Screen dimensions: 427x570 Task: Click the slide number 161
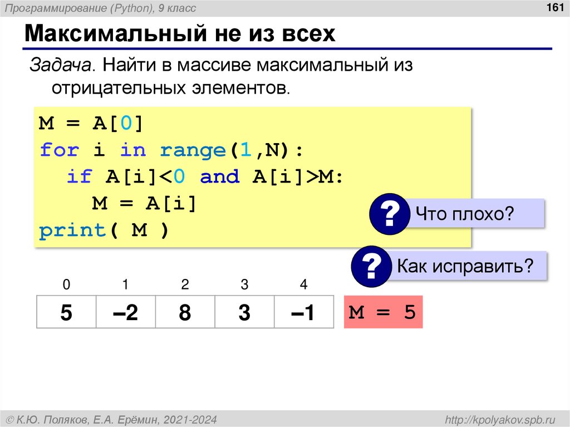(554, 8)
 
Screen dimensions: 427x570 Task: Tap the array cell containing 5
(66, 312)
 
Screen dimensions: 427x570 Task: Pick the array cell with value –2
(125, 312)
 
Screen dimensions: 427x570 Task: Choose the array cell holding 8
(185, 312)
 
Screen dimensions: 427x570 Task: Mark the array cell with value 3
(244, 312)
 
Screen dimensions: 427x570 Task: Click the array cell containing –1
(303, 312)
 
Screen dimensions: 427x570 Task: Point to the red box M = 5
(383, 312)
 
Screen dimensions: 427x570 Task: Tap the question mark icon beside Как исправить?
(371, 267)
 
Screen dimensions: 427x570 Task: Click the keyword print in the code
(72, 230)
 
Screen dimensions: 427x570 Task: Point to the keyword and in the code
(219, 177)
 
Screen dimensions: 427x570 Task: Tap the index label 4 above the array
(303, 285)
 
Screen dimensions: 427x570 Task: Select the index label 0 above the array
(66, 285)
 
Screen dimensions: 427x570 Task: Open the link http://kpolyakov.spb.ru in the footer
(497, 419)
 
